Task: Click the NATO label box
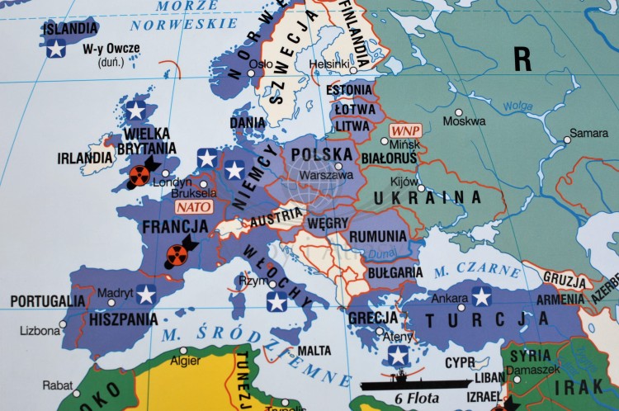pos(195,207)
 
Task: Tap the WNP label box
pos(405,131)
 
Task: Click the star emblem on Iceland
pos(56,49)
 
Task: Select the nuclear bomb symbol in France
pos(177,254)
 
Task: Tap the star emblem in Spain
pos(146,294)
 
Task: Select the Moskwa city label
pos(464,121)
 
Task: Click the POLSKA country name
pos(322,154)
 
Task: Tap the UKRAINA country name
pos(427,197)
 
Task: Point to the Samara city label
pos(589,133)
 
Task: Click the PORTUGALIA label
pos(47,301)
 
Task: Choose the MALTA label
pos(314,350)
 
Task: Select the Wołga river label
pos(517,105)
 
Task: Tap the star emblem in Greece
pos(399,355)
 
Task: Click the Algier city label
pos(184,361)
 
